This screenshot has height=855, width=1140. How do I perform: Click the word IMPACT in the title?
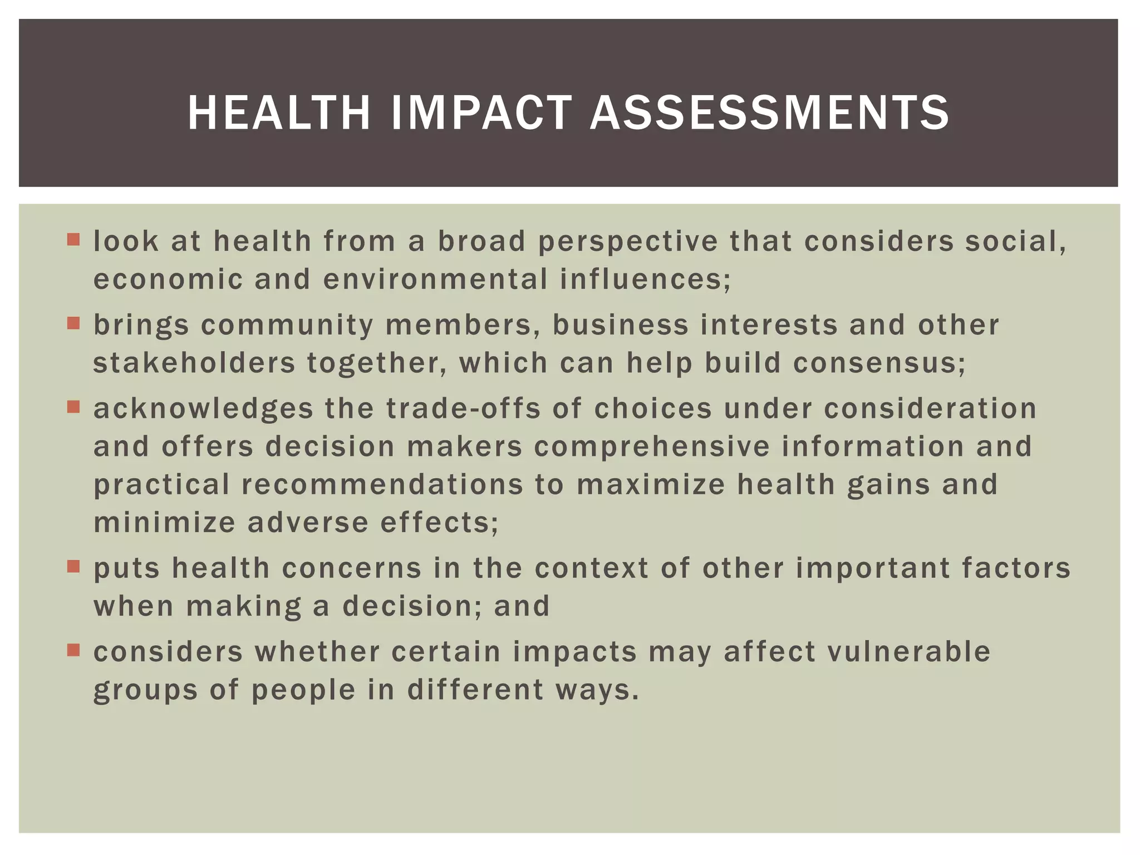[x=481, y=113]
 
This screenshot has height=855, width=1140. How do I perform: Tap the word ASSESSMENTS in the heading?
[x=769, y=113]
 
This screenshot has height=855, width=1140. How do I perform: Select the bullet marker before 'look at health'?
[x=73, y=240]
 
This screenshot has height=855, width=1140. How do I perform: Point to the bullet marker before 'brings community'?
[x=73, y=323]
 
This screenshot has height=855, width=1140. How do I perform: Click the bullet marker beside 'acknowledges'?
[x=73, y=407]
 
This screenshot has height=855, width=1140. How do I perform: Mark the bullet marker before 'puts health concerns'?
[x=73, y=567]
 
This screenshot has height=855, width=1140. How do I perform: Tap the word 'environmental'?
[x=435, y=279]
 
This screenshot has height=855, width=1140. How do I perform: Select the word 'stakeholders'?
[x=194, y=363]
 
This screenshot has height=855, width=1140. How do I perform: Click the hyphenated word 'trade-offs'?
[x=463, y=409]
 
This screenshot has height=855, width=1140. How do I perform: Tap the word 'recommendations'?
[x=382, y=484]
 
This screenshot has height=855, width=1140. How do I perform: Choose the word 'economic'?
[x=168, y=279]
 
